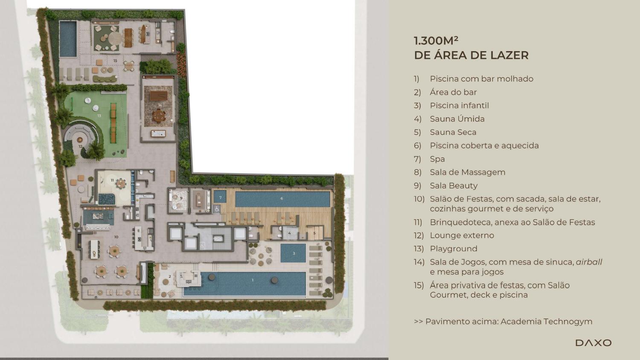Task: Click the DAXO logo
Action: (x=593, y=343)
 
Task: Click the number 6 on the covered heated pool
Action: (x=282, y=198)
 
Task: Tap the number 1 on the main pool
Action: (x=253, y=280)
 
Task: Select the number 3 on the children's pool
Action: (x=294, y=253)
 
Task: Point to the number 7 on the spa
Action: (x=220, y=197)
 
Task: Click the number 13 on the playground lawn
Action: (x=99, y=116)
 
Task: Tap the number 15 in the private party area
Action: (x=115, y=61)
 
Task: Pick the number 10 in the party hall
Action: (x=116, y=237)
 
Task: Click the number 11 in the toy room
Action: (x=112, y=180)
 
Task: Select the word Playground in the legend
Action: (x=454, y=249)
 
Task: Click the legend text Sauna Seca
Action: (x=453, y=132)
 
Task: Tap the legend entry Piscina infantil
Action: (x=460, y=105)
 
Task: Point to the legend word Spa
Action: (x=437, y=159)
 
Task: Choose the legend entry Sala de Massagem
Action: (x=468, y=172)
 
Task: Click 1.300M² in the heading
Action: (x=436, y=41)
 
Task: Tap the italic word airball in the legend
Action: (x=589, y=262)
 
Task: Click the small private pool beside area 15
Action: (x=68, y=39)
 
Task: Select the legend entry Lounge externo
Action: (x=462, y=235)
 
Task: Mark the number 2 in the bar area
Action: (x=170, y=276)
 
